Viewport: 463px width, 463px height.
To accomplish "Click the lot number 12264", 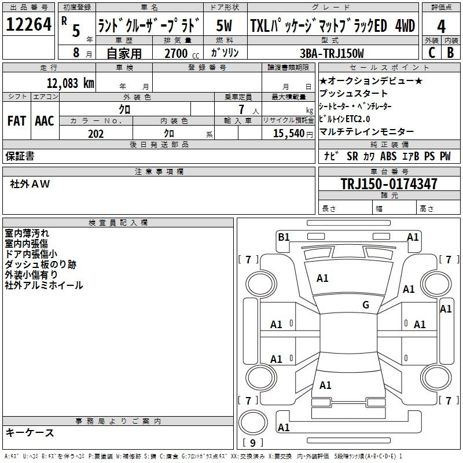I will point(29,26).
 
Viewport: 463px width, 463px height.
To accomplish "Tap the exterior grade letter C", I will point(431,53).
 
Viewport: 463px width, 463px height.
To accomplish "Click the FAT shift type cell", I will point(17,121).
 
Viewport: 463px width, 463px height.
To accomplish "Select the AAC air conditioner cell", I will point(45,121).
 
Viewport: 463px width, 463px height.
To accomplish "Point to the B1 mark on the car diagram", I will point(284,237).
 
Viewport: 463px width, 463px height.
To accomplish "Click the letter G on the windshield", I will point(366,305).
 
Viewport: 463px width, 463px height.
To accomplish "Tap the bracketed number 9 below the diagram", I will point(252,443).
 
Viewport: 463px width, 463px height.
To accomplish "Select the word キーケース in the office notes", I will point(30,433).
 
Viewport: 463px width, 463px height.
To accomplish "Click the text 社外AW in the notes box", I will point(30,184).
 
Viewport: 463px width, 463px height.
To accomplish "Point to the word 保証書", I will point(20,156).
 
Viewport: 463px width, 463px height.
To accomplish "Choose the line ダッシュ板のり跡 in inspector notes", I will point(40,264).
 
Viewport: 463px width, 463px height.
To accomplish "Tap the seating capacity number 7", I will point(247,109).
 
